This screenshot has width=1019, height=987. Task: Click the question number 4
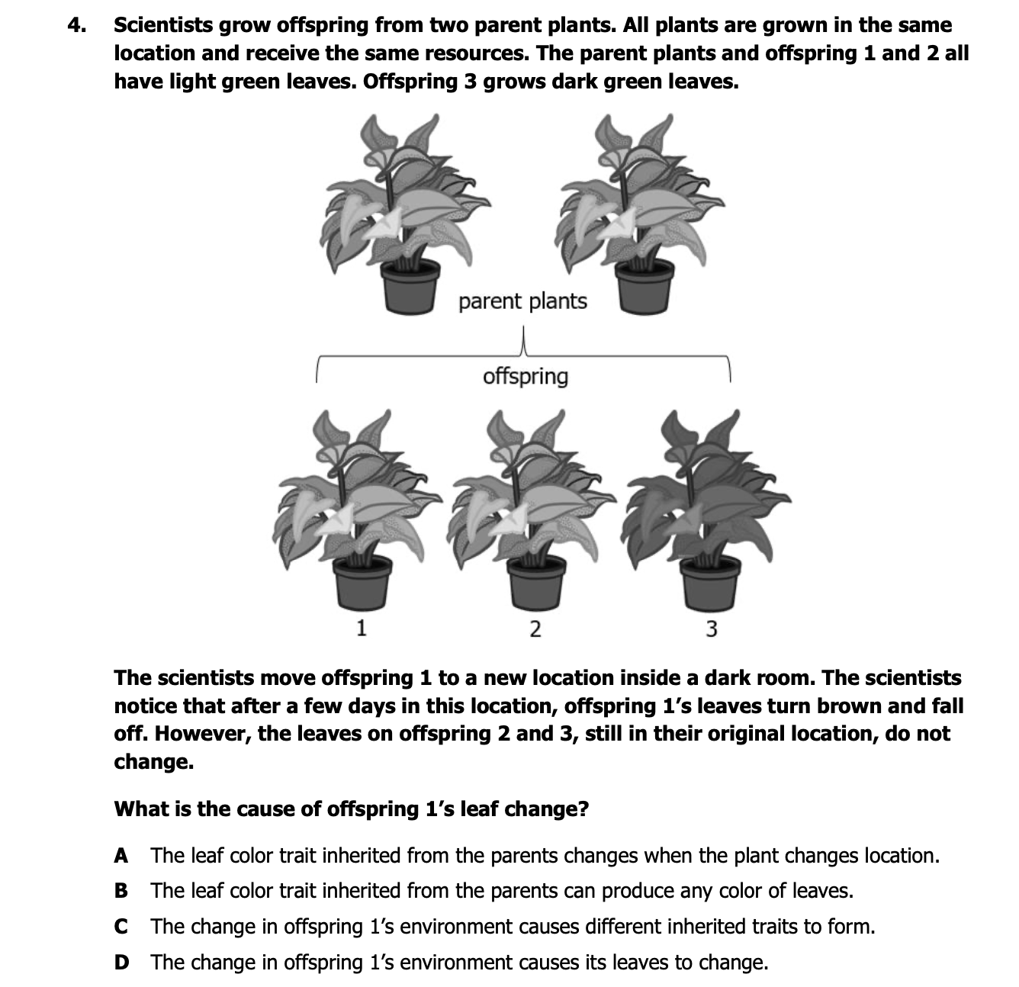76,25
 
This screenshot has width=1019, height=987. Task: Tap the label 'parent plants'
522,302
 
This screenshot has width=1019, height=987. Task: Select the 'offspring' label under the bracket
526,377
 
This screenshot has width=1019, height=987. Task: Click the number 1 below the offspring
362,629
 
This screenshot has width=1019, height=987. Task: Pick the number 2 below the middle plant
535,629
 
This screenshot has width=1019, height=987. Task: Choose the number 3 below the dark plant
711,629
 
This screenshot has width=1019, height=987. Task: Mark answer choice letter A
121,856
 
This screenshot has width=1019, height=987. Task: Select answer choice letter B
121,891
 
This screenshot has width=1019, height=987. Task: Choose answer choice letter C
121,927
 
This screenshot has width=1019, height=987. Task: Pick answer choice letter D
121,962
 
